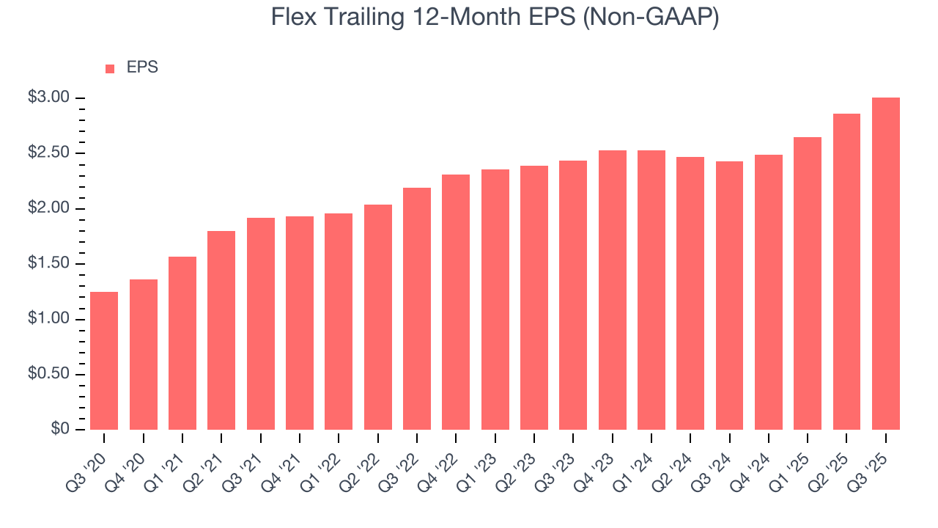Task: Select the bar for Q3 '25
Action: pyautogui.click(x=885, y=264)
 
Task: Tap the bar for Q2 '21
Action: pyautogui.click(x=221, y=330)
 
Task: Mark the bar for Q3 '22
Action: pyautogui.click(x=416, y=308)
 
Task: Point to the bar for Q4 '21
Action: pyautogui.click(x=300, y=323)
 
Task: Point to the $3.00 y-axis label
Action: pyautogui.click(x=48, y=98)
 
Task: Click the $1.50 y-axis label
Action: pyautogui.click(x=48, y=264)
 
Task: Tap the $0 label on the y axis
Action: pyautogui.click(x=59, y=430)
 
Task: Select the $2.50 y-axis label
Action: pyautogui.click(x=48, y=153)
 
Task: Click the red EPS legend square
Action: pyautogui.click(x=110, y=68)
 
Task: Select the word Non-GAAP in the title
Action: pyautogui.click(x=651, y=17)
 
